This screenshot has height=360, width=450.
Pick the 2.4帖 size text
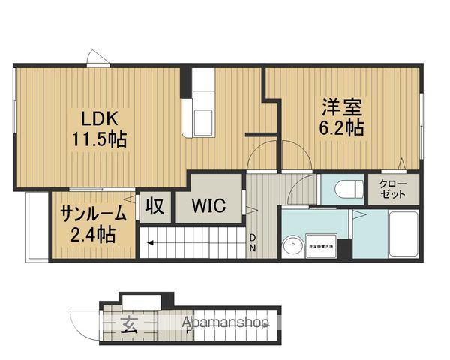[x=93, y=235]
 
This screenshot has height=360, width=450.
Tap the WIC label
[x=209, y=206]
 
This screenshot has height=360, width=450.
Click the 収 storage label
[x=155, y=206]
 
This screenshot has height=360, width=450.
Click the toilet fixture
[x=346, y=188]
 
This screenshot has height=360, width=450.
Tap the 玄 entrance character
[x=128, y=325]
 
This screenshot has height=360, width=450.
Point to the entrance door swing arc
[x=84, y=322]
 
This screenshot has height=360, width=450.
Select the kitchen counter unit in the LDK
[x=202, y=105]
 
